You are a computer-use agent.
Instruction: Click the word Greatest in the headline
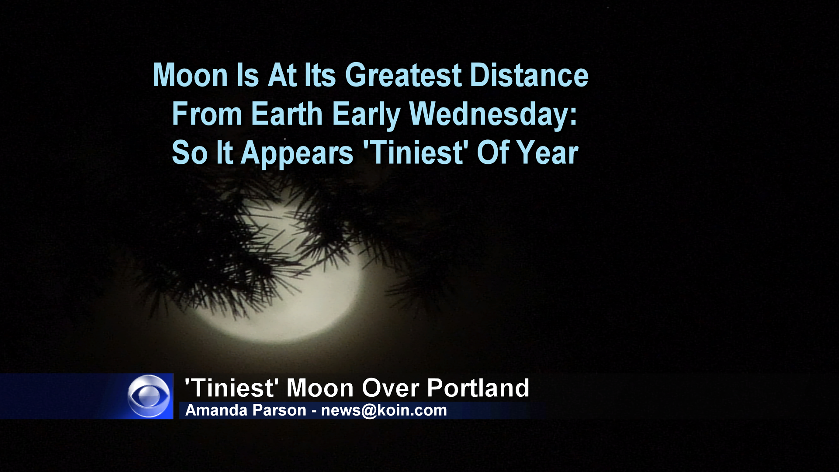(403, 75)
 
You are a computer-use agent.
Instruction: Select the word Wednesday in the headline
(493, 115)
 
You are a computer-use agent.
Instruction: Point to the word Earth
(287, 114)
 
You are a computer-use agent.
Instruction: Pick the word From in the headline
(207, 114)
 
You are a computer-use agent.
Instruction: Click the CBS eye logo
(149, 396)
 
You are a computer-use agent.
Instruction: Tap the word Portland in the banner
(478, 388)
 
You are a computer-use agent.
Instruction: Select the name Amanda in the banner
(211, 410)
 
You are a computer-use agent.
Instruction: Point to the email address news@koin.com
(384, 411)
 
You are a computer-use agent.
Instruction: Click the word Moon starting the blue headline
(191, 75)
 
